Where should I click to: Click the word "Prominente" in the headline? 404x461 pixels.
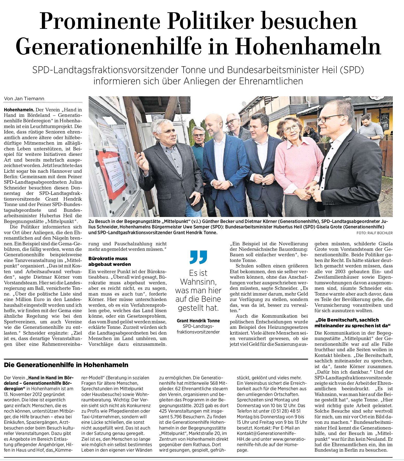tap(99, 21)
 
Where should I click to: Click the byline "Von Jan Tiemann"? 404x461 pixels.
tap(24, 99)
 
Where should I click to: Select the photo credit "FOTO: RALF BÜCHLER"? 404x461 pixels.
tap(374, 233)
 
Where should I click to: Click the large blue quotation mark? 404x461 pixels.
tap(198, 257)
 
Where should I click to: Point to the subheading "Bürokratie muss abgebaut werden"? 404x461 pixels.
tap(109, 261)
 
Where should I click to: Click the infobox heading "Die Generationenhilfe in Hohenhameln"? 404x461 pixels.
tap(66, 365)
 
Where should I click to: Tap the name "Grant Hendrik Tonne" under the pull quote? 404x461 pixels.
tap(198, 321)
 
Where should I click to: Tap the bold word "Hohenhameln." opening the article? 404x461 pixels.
tap(19, 110)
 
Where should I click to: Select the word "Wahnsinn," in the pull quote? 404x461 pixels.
tap(198, 282)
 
